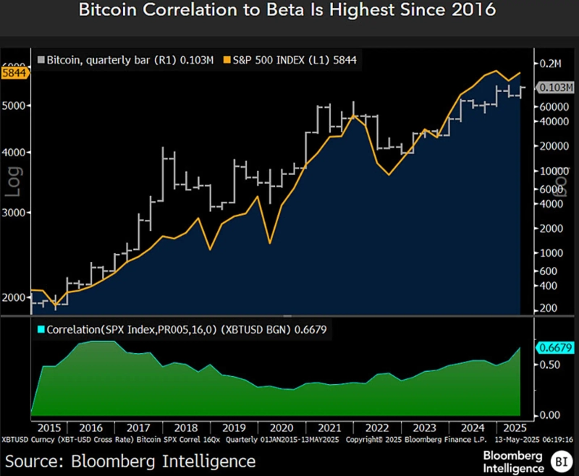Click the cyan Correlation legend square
[41, 329]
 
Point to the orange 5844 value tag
[14, 73]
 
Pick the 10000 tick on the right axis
[553, 171]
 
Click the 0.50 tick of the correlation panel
[549, 365]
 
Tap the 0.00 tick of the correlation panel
[549, 415]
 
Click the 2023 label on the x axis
[425, 428]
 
